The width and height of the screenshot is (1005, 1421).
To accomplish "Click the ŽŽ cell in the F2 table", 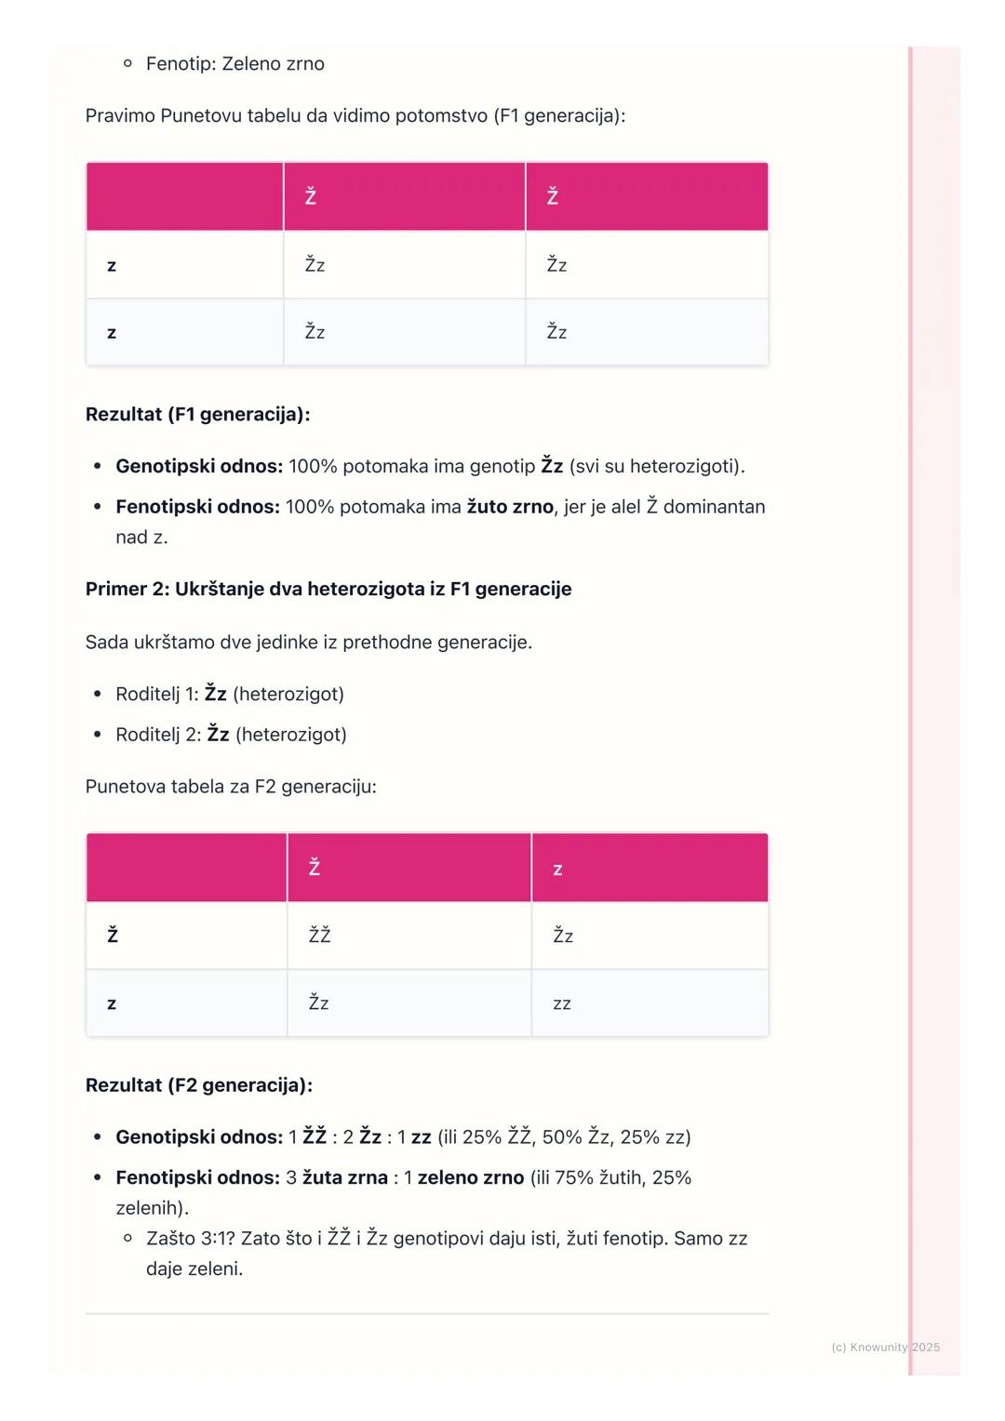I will (x=319, y=936).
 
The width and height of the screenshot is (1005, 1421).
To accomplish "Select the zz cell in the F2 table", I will (x=562, y=1004).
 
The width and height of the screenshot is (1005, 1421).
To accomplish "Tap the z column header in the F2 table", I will (x=557, y=870).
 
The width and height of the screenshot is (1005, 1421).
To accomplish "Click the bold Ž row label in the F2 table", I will (x=113, y=936).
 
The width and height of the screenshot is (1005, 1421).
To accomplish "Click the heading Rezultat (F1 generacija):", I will (x=197, y=415).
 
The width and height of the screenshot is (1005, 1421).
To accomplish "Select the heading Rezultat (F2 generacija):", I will (x=198, y=1085).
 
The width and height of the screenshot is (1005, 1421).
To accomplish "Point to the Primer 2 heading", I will (x=328, y=590).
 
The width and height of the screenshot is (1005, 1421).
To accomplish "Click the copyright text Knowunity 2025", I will (x=885, y=1348).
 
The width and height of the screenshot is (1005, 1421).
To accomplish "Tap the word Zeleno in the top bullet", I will (x=252, y=64).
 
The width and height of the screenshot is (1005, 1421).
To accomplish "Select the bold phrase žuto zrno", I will (x=510, y=507).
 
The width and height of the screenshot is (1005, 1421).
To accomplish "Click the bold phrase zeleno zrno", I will (x=471, y=1178).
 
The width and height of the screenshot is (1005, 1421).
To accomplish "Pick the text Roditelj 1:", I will (x=157, y=695).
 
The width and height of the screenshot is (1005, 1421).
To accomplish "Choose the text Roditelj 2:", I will (x=158, y=735).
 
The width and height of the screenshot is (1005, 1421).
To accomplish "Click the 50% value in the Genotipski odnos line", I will (x=562, y=1137).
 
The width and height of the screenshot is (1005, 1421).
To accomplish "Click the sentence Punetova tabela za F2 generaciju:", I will (x=231, y=787).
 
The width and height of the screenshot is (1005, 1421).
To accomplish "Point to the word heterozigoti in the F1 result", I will (x=683, y=466).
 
